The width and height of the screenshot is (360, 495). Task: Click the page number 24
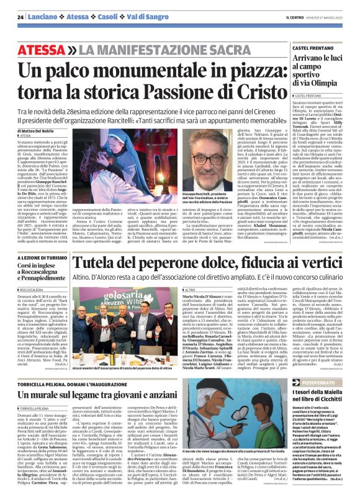pyautogui.click(x=20, y=17)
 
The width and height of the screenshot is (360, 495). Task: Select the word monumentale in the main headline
pyautogui.click(x=138, y=71)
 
